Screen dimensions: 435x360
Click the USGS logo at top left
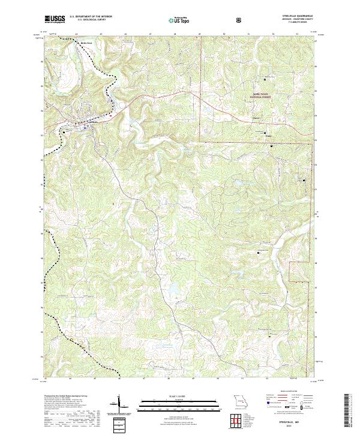click(x=55, y=19)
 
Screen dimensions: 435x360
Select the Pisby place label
click(x=268, y=136)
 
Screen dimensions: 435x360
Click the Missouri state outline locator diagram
click(x=238, y=400)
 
